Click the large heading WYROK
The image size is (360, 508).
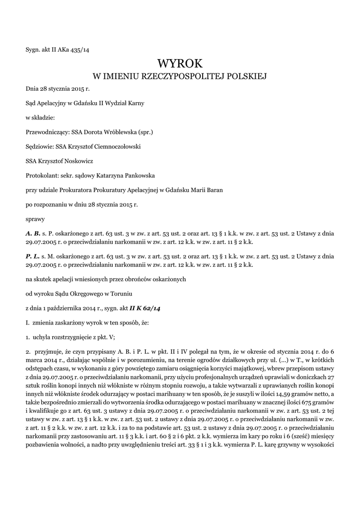point(180,63)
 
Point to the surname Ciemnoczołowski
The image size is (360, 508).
point(115,147)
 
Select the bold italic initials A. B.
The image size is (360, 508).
point(33,232)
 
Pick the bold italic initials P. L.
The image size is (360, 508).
point(33,257)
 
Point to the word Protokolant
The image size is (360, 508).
point(41,175)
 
